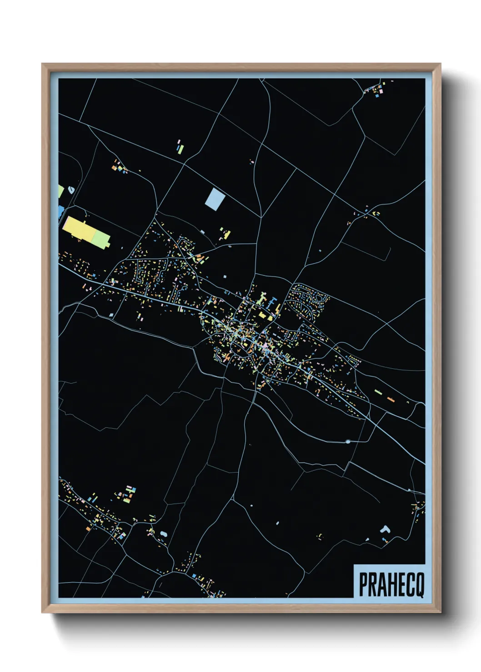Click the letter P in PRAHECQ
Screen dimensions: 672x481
pyautogui.click(x=364, y=584)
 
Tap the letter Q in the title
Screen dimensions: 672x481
pyautogui.click(x=419, y=584)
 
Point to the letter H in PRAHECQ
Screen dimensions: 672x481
pyautogui.click(x=391, y=584)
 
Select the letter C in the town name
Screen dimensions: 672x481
pyautogui.click(x=409, y=584)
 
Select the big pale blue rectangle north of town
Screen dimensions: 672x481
pyautogui.click(x=215, y=198)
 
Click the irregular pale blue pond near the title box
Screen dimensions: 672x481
pyautogui.click(x=386, y=529)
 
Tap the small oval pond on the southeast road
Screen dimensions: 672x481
pyautogui.click(x=348, y=441)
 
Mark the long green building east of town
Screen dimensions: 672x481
pyautogui.click(x=378, y=391)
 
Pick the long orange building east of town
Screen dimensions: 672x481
pyautogui.click(x=391, y=399)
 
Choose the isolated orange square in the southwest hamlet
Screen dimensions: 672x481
pyautogui.click(x=88, y=528)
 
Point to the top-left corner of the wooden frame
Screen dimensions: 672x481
pyautogui.click(x=42, y=64)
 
